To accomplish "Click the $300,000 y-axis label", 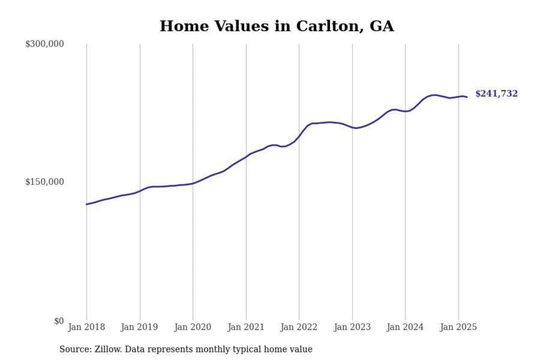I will [44, 44].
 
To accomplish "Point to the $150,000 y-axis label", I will [44, 182].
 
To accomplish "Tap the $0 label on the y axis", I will [59, 321].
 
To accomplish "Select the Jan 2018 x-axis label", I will [86, 327].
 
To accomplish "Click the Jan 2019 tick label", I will [139, 327].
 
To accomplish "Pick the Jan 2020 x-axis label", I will [192, 327].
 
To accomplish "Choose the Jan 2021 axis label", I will [246, 327].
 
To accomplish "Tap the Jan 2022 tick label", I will [298, 327].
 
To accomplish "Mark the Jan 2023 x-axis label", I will [352, 327].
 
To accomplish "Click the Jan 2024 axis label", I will [405, 327].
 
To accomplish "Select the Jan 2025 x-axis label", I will [458, 327].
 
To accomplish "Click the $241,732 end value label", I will [496, 93].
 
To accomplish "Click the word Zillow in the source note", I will [108, 349].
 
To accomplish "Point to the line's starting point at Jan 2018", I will [87, 204].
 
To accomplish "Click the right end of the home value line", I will [467, 97].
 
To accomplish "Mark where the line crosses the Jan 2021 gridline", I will [246, 156].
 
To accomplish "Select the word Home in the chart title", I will [184, 26].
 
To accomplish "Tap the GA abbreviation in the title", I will [382, 26].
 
